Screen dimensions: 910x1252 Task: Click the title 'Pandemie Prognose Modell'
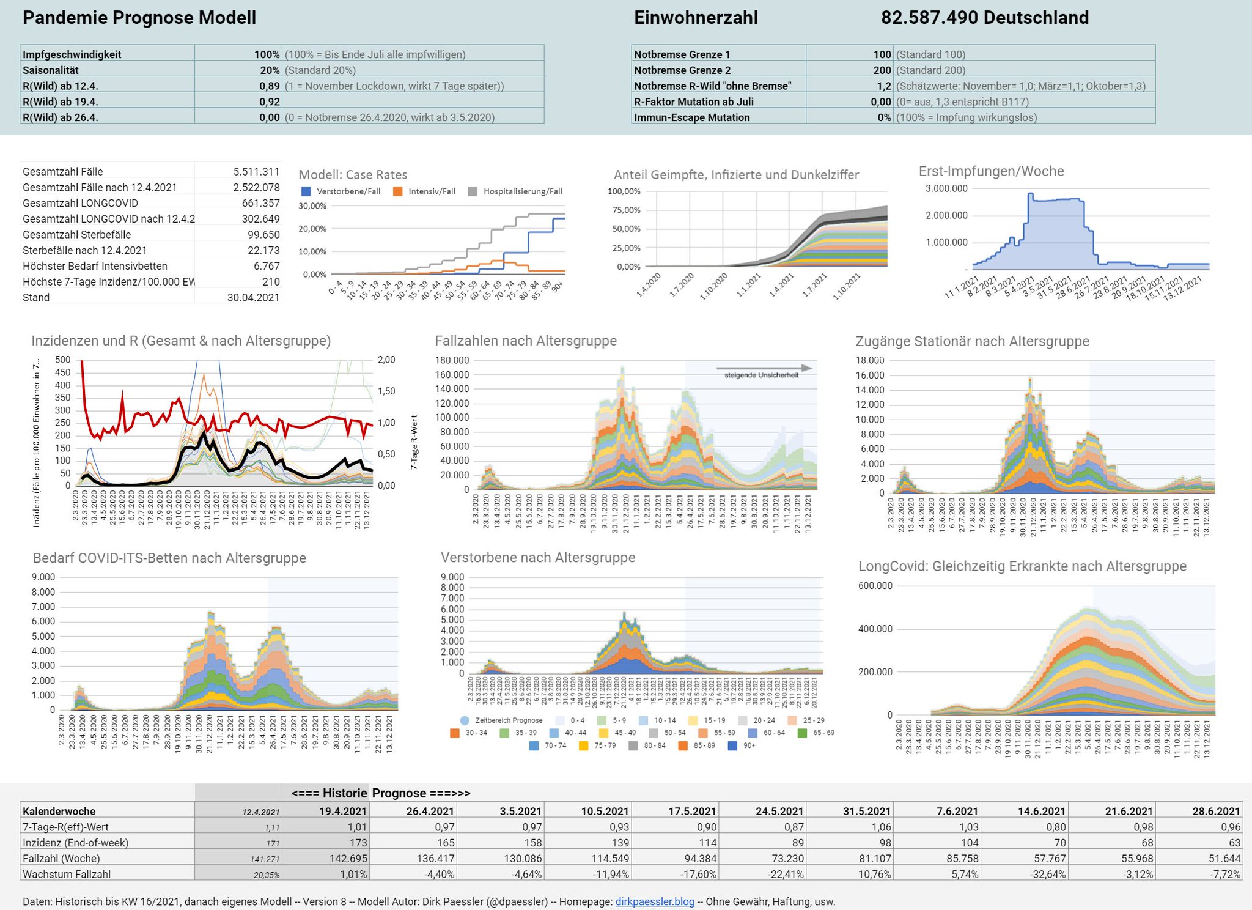point(139,18)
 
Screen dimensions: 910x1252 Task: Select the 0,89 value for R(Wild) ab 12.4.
point(269,86)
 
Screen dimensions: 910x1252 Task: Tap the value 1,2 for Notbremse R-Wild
point(883,86)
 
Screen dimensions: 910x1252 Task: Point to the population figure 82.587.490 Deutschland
point(984,18)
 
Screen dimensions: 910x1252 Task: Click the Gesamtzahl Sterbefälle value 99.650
point(263,235)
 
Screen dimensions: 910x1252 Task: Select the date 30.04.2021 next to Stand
point(253,298)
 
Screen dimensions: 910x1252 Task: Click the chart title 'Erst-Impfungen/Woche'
point(991,172)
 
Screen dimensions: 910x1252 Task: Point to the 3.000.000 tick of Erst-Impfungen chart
point(946,189)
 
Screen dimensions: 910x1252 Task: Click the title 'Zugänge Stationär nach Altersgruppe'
point(972,341)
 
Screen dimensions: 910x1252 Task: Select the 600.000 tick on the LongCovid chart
point(875,586)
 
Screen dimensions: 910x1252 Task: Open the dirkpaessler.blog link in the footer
point(655,902)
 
